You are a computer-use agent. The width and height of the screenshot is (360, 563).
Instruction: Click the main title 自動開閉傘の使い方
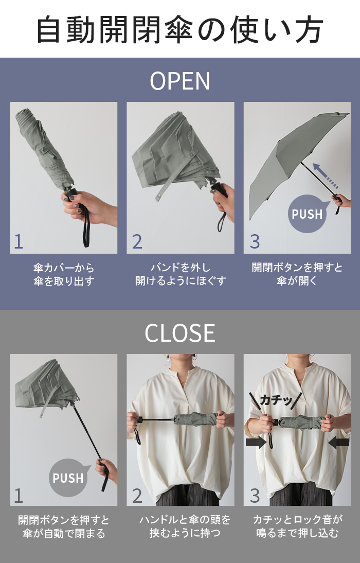pos(180,29)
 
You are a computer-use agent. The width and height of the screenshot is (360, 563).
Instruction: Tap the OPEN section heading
pos(180,81)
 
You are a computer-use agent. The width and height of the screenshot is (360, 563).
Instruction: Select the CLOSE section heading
pos(180,333)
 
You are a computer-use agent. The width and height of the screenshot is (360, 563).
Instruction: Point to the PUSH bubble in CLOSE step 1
pos(68,478)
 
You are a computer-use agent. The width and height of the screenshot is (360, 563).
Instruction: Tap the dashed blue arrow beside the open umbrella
pos(326,175)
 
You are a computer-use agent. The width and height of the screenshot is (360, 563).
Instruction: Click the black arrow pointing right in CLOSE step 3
pos(256,442)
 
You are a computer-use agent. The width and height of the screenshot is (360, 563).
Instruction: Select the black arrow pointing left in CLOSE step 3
pos(338,442)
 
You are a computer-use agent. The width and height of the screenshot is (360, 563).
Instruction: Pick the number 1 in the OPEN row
pos(19,241)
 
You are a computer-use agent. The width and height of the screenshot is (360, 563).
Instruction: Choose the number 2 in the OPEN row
pos(137,241)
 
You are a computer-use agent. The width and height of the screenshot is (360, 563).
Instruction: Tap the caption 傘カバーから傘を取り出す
pos(64,274)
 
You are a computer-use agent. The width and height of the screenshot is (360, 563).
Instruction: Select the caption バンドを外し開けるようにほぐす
pos(181,274)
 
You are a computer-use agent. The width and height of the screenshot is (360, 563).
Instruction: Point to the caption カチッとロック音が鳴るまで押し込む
pos(298,526)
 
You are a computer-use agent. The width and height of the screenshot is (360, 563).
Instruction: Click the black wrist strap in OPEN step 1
pos(85,226)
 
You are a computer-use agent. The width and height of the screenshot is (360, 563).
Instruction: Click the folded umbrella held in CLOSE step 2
pos(195,419)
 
